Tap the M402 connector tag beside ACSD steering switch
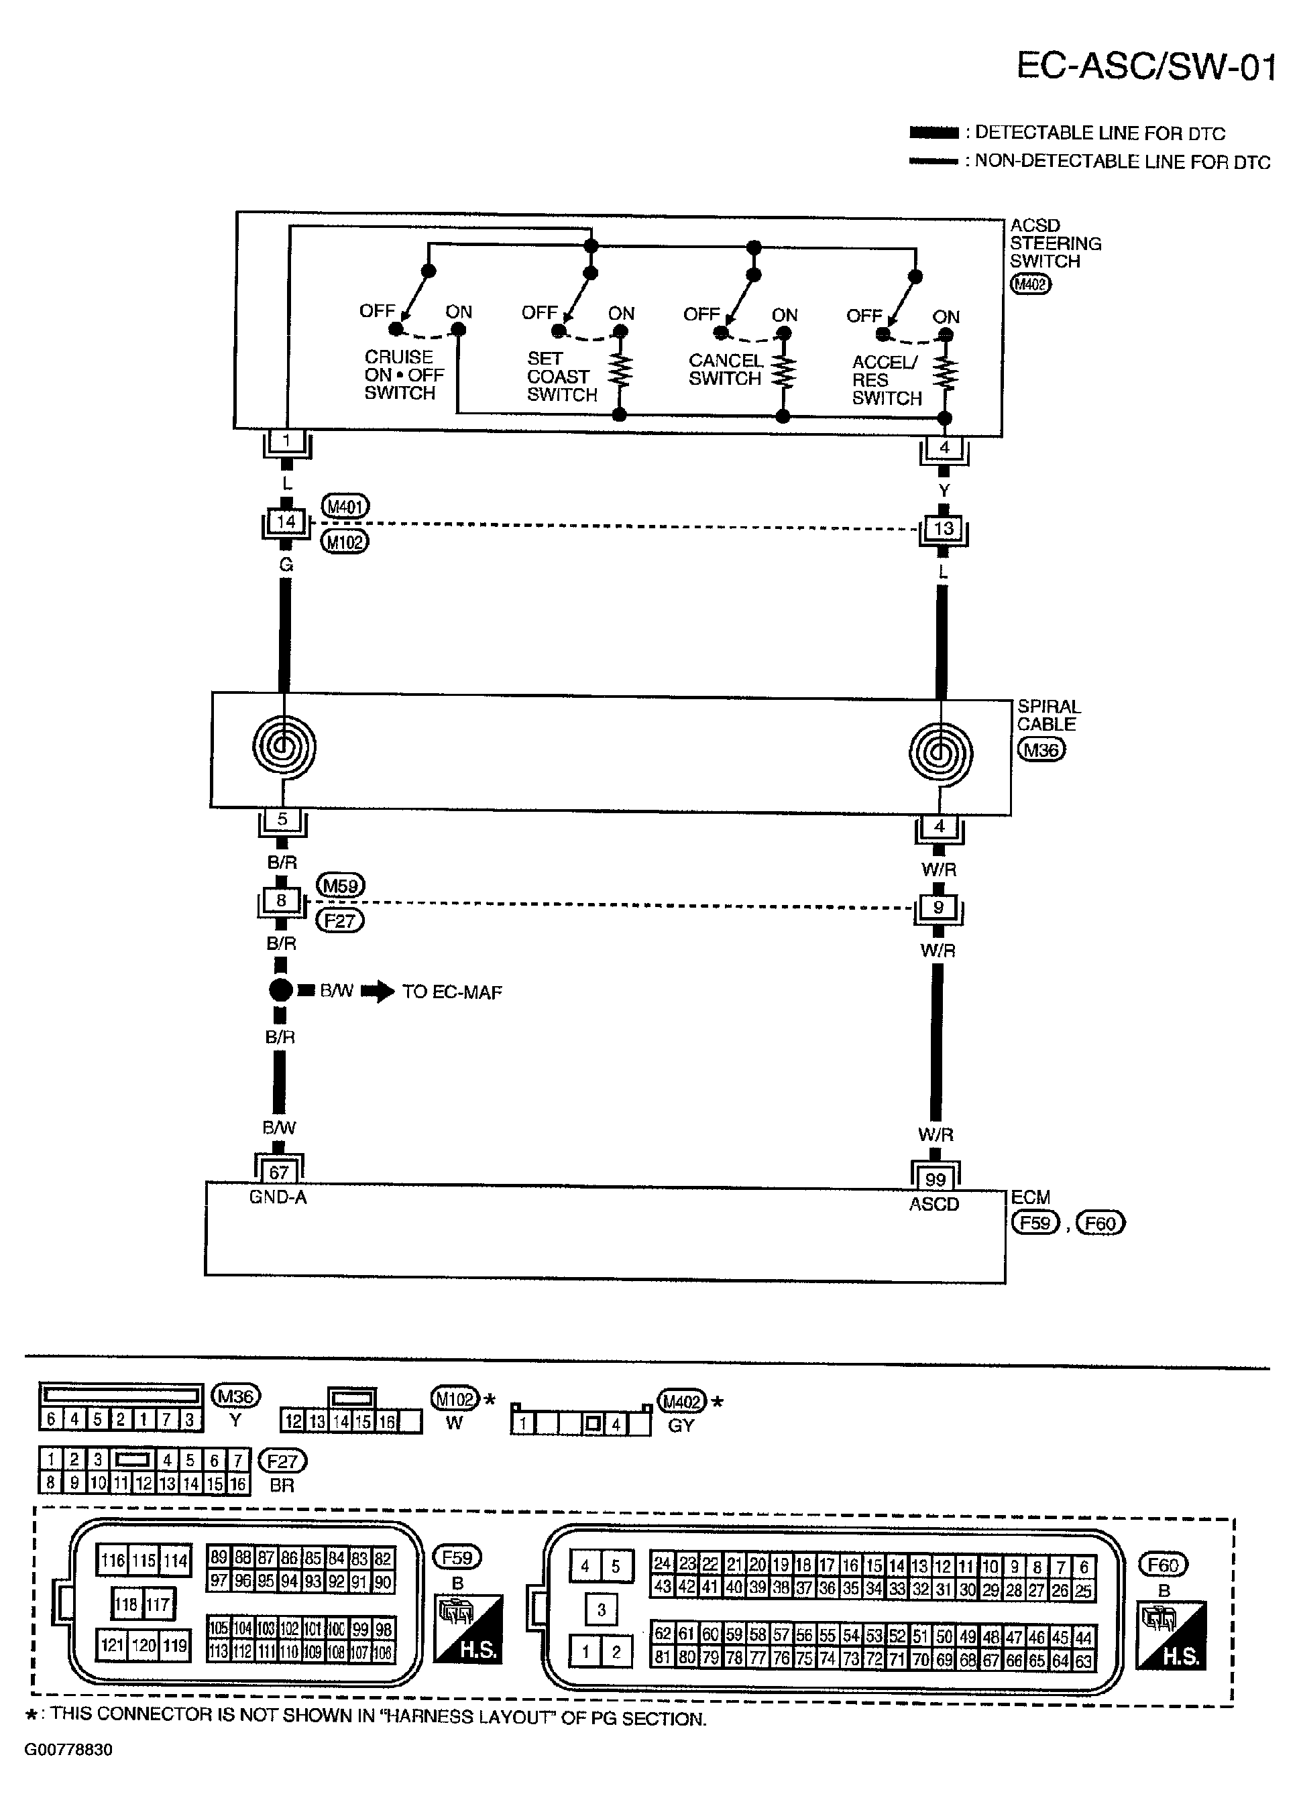[x=1030, y=284]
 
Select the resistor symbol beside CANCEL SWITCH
[x=784, y=372]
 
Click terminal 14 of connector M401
[x=286, y=522]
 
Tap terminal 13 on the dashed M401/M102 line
[x=943, y=529]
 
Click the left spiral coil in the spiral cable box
[x=284, y=746]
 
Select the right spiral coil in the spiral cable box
[x=940, y=752]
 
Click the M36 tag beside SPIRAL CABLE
[x=1040, y=749]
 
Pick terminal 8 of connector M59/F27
[x=281, y=900]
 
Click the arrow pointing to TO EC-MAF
[x=378, y=991]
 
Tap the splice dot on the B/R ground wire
[x=280, y=991]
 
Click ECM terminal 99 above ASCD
[x=935, y=1179]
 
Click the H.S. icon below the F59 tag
[x=467, y=1628]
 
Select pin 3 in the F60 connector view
[x=602, y=1610]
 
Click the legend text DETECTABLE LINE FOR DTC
[x=1099, y=133]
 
